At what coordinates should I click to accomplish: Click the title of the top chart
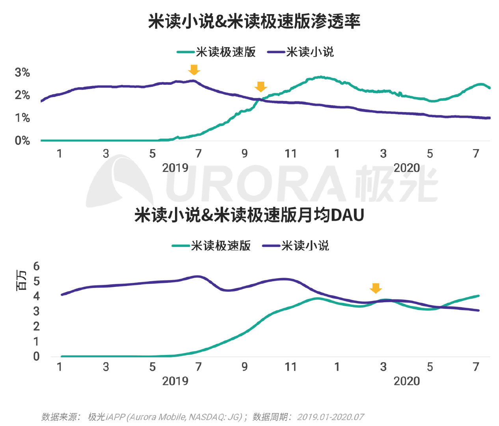pos(254,21)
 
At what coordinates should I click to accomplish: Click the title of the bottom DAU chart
pos(249,215)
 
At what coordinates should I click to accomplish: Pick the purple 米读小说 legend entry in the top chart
pos(301,52)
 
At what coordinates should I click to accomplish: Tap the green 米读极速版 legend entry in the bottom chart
pos(212,246)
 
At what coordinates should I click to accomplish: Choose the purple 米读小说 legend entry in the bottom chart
pos(296,246)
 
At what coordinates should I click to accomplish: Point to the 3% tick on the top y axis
pos(22,73)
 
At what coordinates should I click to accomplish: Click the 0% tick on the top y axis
pos(22,141)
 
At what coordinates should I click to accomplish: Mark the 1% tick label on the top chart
pos(22,118)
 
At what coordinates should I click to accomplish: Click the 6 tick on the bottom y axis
pos(36,266)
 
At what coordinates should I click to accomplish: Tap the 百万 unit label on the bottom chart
pos(21,281)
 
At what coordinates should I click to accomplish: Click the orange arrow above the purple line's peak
pos(194,70)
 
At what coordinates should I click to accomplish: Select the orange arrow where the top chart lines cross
pos(261,87)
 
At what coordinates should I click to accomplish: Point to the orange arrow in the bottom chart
pos(376,288)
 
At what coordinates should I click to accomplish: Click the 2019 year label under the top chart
pos(175,168)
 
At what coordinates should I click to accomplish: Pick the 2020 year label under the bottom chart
pos(407,381)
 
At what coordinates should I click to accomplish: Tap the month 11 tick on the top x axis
pos(290,154)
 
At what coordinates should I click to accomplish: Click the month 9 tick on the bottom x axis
pos(244,367)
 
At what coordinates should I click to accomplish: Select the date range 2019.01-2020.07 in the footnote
pos(330,417)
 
